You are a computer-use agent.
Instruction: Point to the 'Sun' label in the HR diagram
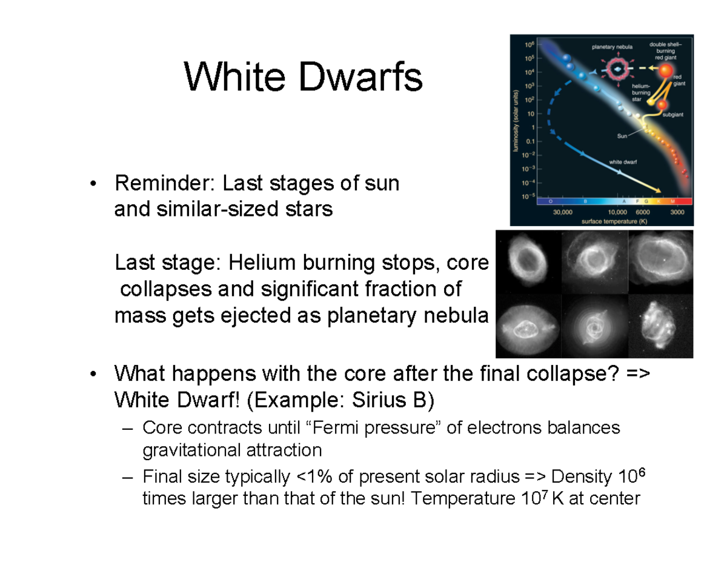623,136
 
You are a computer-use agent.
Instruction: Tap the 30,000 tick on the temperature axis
563,212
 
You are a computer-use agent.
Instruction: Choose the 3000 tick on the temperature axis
677,212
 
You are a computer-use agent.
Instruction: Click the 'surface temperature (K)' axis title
613,221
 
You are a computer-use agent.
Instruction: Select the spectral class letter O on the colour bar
550,201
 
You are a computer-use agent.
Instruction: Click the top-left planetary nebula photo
528,261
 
